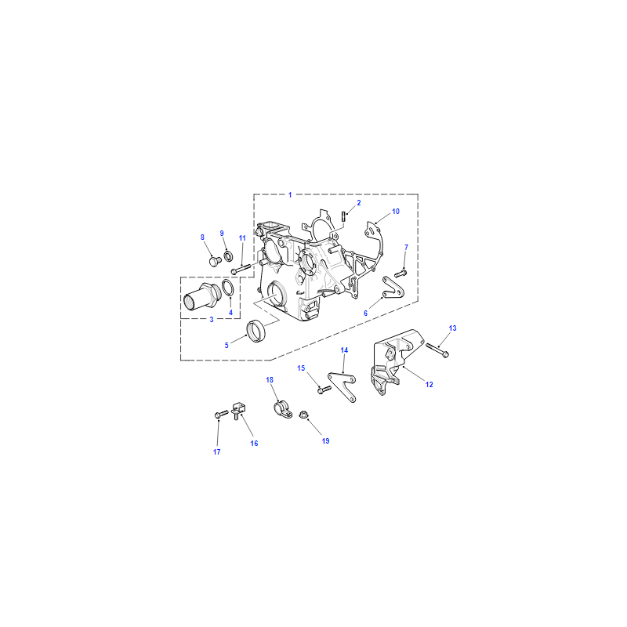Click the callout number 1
(290, 195)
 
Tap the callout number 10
(396, 212)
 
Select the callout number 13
(452, 328)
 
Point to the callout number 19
(325, 441)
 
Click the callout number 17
(217, 452)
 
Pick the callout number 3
(212, 320)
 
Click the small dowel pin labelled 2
(343, 215)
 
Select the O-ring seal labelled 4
(227, 288)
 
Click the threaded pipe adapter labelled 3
(201, 297)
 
